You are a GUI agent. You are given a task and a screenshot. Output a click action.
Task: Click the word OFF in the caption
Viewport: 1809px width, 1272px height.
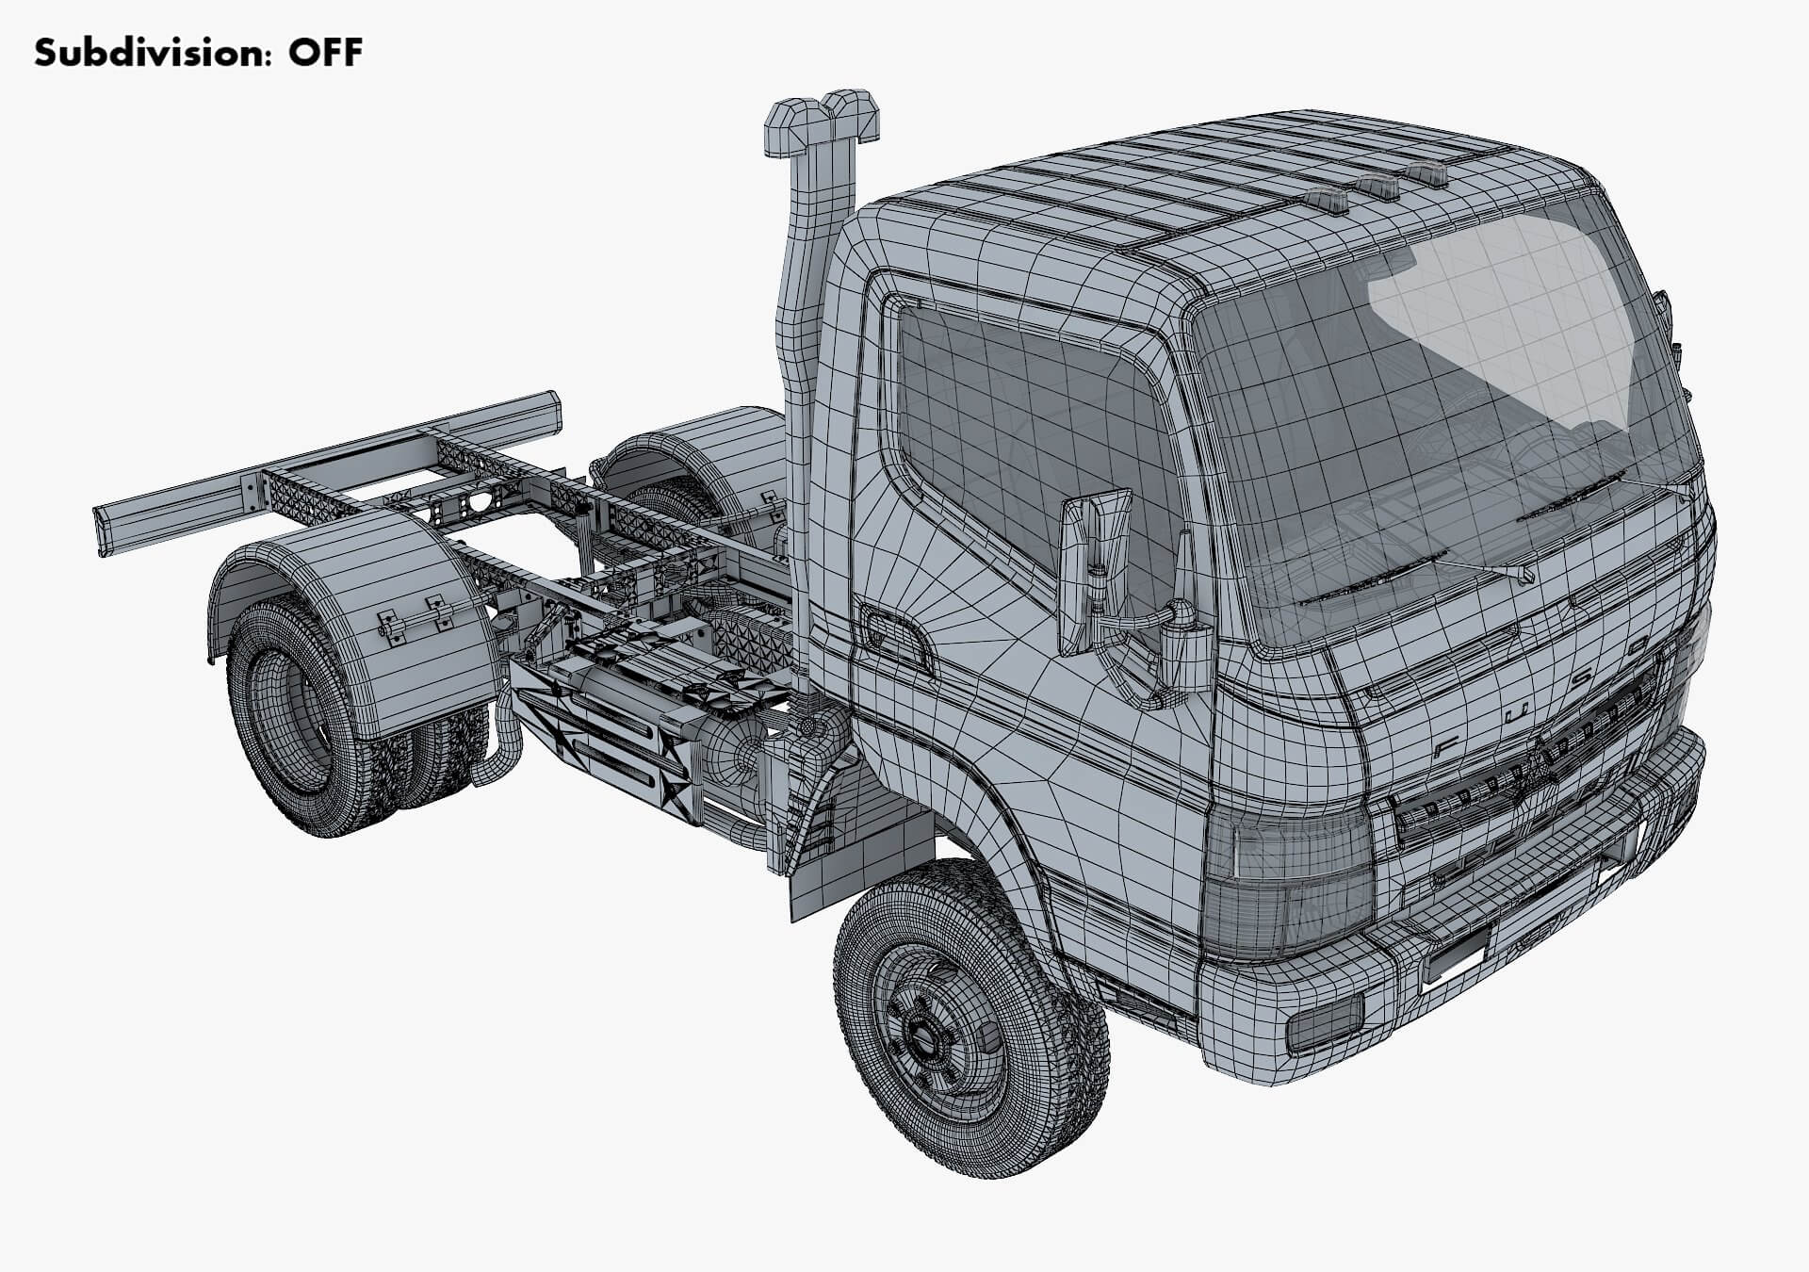click(x=325, y=53)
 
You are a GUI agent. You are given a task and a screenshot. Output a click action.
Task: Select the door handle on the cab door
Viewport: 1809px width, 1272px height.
click(x=894, y=632)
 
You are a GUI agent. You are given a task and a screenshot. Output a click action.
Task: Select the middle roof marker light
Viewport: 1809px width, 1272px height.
click(x=1378, y=185)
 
